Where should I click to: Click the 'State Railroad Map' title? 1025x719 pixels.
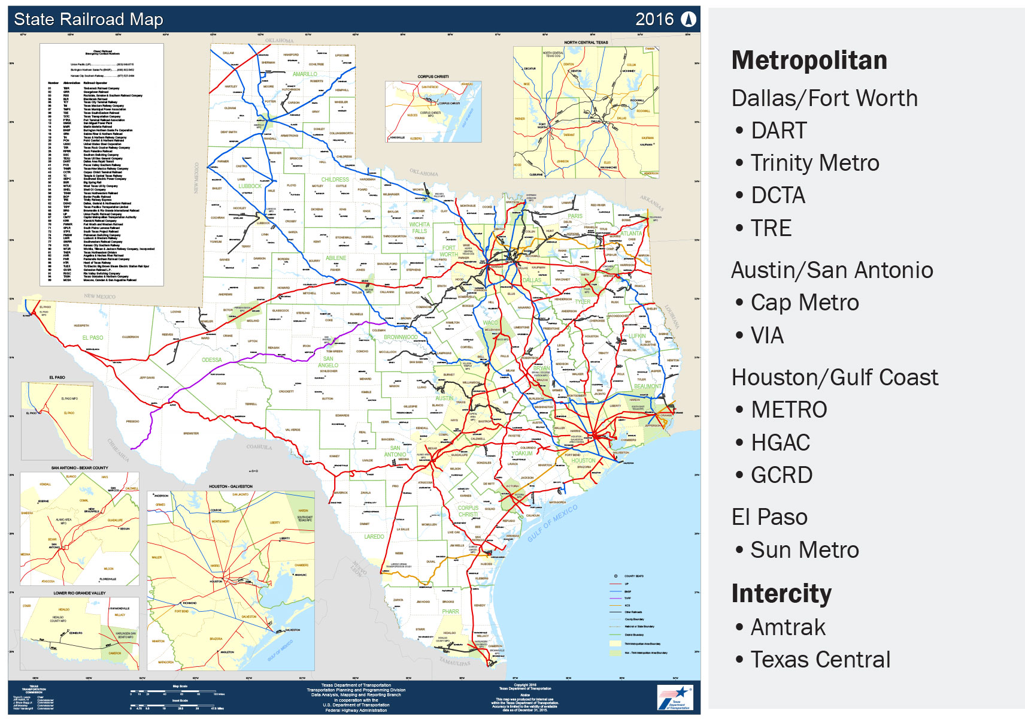pyautogui.click(x=88, y=19)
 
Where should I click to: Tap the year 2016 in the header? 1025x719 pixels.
pyautogui.click(x=654, y=19)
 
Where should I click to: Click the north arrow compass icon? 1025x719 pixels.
pyautogui.click(x=689, y=19)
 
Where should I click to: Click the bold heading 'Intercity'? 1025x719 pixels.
pyautogui.click(x=781, y=593)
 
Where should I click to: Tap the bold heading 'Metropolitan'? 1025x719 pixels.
pyautogui.click(x=809, y=61)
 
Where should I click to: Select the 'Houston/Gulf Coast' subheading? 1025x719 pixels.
pyautogui.click(x=835, y=377)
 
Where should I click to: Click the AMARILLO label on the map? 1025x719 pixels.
pyautogui.click(x=305, y=74)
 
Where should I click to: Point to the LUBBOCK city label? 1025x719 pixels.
pyautogui.click(x=250, y=186)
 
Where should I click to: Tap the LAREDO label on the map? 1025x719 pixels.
pyautogui.click(x=374, y=536)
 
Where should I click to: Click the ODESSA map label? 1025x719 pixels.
pyautogui.click(x=212, y=360)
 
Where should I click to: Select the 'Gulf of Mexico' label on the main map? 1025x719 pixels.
pyautogui.click(x=553, y=522)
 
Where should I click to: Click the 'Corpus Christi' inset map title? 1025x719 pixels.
pyautogui.click(x=433, y=77)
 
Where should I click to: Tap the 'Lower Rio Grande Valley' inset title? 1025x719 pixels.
pyautogui.click(x=80, y=593)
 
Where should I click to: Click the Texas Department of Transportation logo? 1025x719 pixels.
pyautogui.click(x=675, y=697)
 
